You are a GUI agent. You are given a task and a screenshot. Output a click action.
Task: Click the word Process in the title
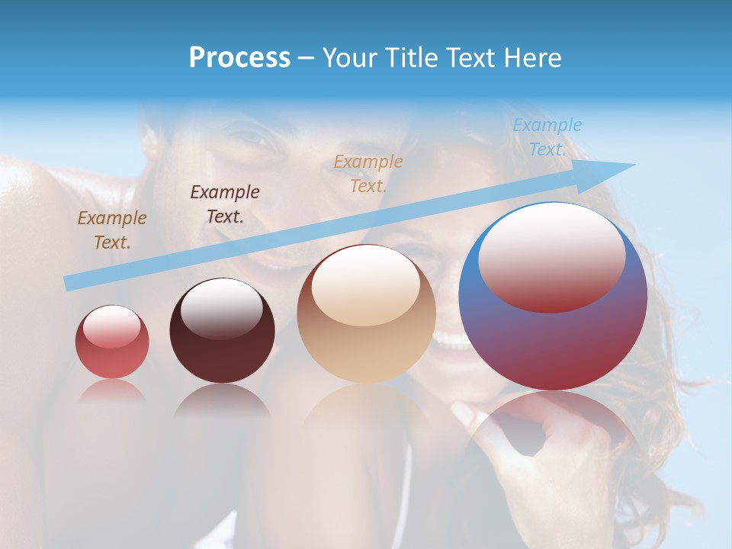point(239,58)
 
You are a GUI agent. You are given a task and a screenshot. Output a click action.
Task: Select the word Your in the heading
point(348,58)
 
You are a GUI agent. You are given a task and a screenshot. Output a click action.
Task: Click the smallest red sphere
point(112,342)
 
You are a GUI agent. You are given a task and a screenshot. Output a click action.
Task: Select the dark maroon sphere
point(222,330)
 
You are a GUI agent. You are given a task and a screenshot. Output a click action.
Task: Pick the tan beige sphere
point(366,314)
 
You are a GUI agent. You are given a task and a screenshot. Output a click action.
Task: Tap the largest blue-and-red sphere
point(553,297)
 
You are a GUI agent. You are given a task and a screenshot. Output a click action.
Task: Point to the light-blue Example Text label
point(547,137)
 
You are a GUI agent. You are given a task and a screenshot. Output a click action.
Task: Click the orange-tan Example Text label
point(368,173)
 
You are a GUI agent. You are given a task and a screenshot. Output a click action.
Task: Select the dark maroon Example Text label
point(224,204)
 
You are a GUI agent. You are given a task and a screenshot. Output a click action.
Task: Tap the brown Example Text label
point(111,230)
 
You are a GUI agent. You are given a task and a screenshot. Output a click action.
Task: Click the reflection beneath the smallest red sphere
point(112,390)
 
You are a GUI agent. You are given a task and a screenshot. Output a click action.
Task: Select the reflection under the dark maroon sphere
point(222,400)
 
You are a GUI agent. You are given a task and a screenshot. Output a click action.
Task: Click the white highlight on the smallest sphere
point(111,326)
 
